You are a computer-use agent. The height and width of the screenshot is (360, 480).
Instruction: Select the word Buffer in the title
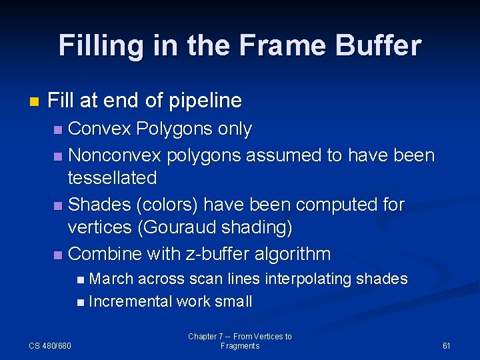(x=381, y=45)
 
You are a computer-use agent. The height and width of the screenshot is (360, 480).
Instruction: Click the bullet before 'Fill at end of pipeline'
(x=34, y=102)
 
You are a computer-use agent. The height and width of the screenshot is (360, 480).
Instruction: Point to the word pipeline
(x=206, y=101)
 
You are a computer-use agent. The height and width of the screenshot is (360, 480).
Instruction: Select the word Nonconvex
(x=115, y=156)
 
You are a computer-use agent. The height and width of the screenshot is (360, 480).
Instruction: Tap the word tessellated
(x=112, y=178)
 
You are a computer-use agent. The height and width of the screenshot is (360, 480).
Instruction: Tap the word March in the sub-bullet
(x=111, y=279)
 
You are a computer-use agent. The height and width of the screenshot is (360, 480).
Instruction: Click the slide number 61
(x=446, y=345)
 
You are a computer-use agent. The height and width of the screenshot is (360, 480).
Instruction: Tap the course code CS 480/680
(x=51, y=345)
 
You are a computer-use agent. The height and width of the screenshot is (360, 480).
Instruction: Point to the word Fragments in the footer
(x=240, y=346)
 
